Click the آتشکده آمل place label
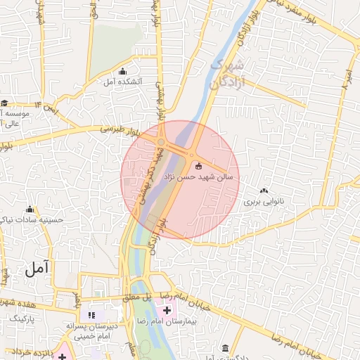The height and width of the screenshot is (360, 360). [123, 82]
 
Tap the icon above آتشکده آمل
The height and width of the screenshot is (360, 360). [123, 72]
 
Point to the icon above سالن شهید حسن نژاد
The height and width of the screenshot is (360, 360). [198, 166]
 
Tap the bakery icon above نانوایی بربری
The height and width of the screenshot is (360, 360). [264, 191]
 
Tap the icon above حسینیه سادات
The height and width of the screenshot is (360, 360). [30, 210]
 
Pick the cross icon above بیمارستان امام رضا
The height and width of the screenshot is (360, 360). [167, 310]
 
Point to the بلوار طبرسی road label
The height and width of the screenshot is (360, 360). [120, 130]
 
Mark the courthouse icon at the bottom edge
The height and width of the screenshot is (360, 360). [225, 349]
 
